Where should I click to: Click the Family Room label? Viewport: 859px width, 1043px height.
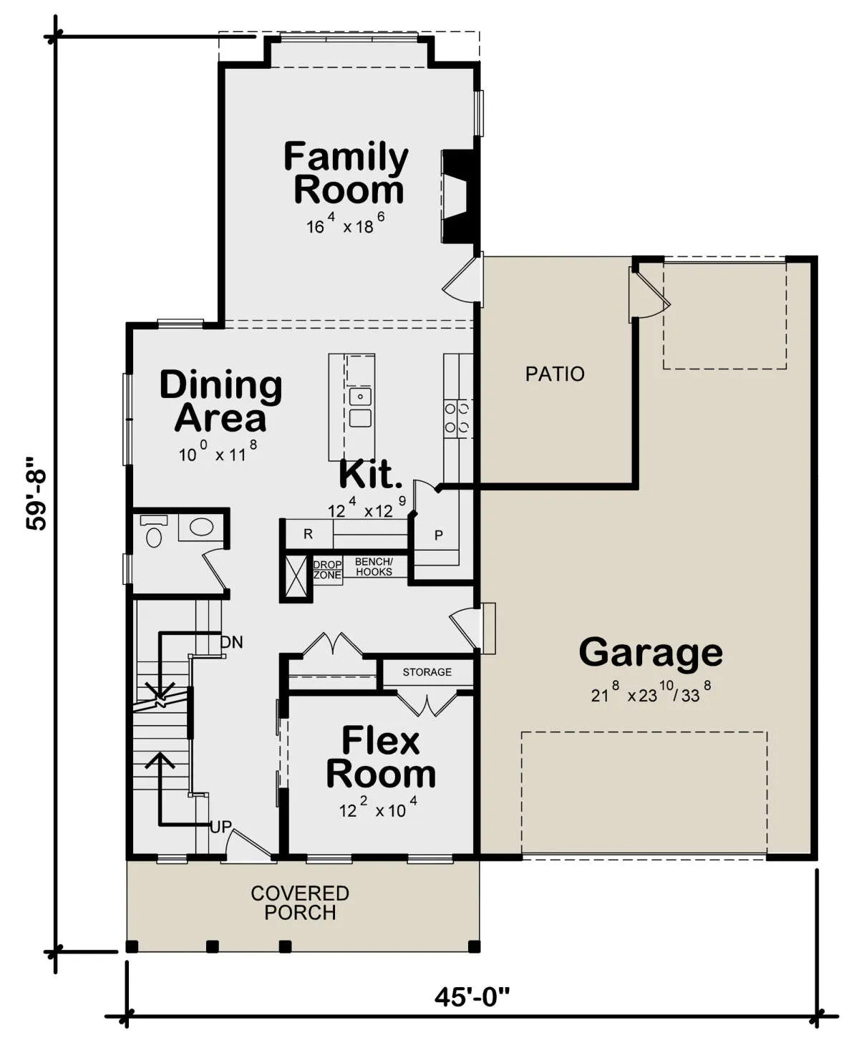tap(346, 173)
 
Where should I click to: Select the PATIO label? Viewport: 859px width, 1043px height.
tap(554, 374)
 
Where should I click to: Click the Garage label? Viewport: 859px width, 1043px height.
tap(651, 652)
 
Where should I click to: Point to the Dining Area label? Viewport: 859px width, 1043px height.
tap(220, 401)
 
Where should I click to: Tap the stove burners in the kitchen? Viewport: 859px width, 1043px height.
tap(457, 418)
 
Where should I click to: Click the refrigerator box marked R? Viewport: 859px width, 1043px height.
tap(308, 534)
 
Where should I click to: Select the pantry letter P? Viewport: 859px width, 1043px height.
tap(439, 535)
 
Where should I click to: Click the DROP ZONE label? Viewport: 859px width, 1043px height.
tap(328, 570)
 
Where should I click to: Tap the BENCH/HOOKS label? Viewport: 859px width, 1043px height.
tap(374, 567)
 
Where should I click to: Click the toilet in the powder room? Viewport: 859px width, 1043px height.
tap(153, 532)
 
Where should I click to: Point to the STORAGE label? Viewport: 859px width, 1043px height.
tap(427, 672)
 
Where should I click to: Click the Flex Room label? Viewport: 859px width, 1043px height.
tap(381, 757)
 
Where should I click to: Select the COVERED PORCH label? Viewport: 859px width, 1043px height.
tap(300, 903)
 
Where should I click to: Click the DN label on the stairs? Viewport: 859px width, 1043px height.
tap(232, 642)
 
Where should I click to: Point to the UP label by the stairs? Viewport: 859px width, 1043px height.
tap(220, 828)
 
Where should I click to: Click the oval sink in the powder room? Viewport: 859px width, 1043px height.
tap(201, 527)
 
